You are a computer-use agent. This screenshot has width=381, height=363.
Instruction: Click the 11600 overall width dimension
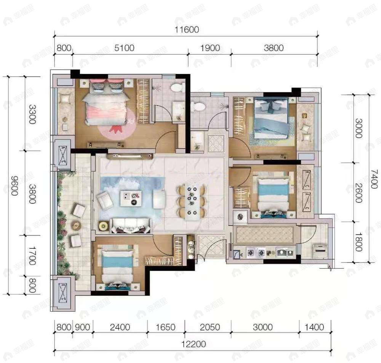(187, 29)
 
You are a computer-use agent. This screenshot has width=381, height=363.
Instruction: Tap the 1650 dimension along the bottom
(166, 327)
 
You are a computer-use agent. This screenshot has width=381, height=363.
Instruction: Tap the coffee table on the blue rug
(130, 198)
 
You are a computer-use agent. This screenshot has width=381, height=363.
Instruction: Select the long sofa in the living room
(130, 225)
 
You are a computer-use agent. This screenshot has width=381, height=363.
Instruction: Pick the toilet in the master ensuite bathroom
(176, 88)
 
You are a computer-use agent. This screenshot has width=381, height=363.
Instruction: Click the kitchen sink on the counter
(284, 252)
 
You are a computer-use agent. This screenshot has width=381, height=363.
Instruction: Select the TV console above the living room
(130, 156)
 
